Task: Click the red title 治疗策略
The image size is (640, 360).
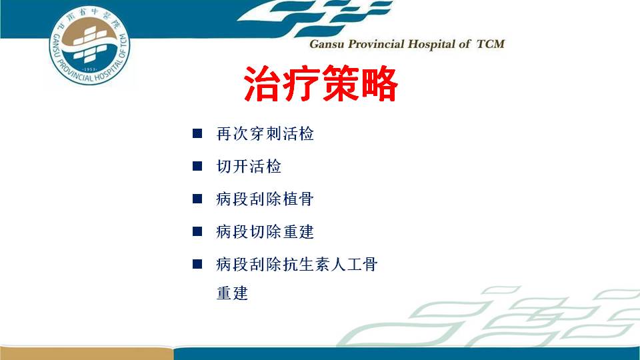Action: (321, 84)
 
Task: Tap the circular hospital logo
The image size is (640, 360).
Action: (89, 45)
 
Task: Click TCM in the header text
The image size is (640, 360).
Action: (491, 44)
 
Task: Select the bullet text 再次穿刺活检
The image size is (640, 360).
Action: (265, 134)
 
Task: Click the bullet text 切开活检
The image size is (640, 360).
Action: (249, 167)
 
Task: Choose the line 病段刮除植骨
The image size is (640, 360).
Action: (265, 199)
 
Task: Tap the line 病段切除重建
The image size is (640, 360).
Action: (265, 232)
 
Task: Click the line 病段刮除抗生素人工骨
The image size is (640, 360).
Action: (297, 265)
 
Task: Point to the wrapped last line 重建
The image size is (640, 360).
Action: (232, 293)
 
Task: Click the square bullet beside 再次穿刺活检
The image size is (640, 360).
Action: (197, 133)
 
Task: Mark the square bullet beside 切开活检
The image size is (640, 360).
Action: (197, 166)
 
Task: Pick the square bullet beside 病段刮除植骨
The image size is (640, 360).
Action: (197, 199)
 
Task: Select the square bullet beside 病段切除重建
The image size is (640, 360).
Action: (197, 231)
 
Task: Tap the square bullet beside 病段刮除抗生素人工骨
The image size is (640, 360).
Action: (197, 264)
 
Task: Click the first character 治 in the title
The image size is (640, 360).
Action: (262, 84)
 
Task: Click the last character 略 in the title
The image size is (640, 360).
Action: (380, 84)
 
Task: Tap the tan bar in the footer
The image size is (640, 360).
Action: (86, 353)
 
